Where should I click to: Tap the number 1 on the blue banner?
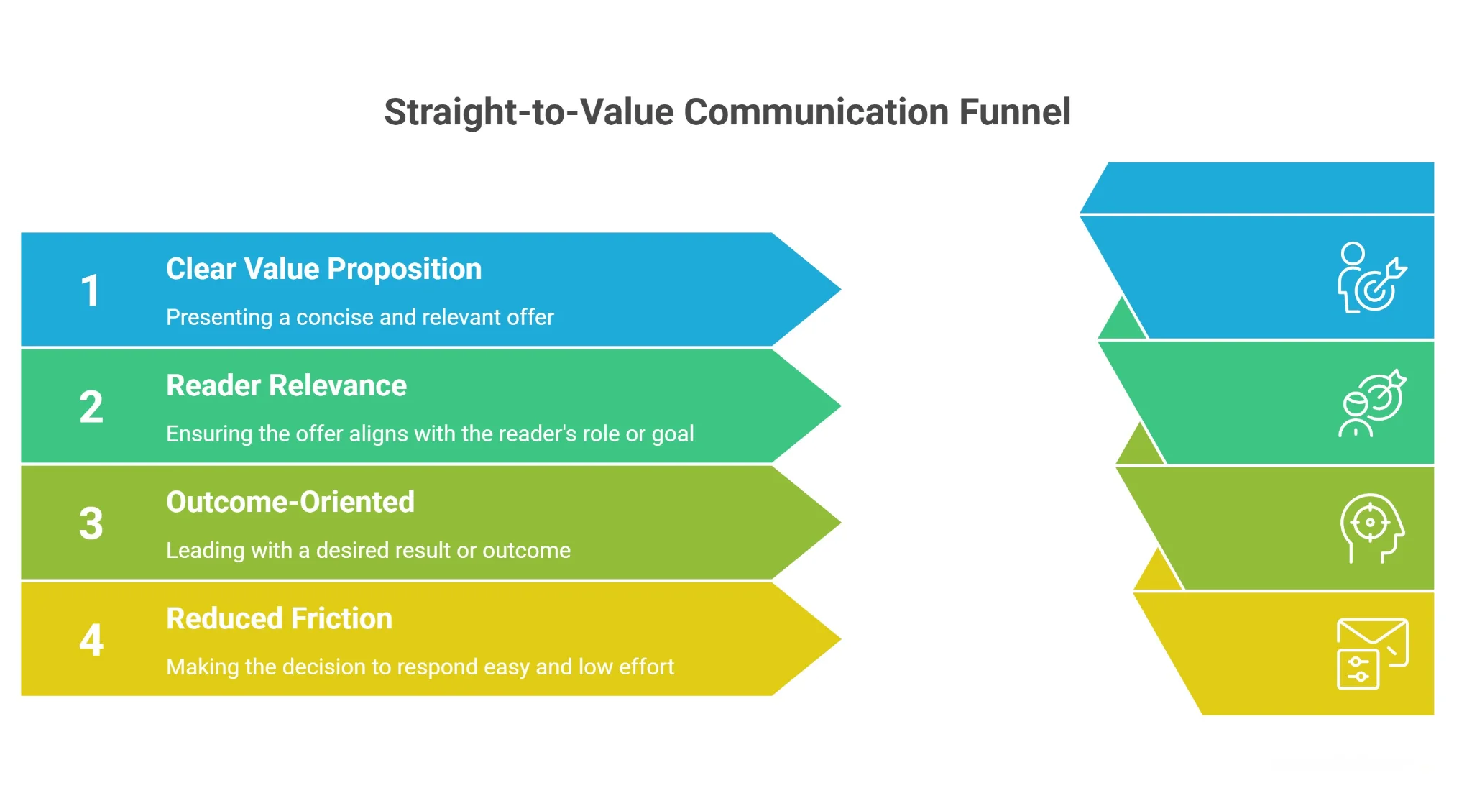90,290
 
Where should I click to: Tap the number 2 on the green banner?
91,407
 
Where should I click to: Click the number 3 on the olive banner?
91,523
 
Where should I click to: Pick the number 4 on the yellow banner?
91,640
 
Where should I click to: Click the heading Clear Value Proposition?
323,269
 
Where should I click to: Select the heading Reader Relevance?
286,385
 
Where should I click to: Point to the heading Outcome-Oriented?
290,502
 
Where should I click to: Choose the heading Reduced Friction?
279,618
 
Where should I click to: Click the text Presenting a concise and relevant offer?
359,317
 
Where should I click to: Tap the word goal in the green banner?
673,434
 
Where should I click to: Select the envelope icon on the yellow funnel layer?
1371,653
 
